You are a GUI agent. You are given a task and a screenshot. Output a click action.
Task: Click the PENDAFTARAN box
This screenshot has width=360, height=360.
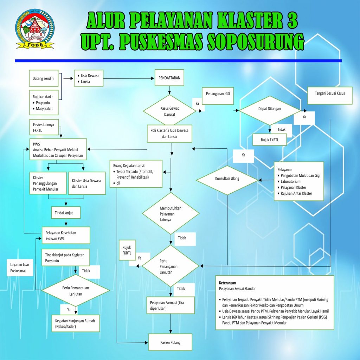click(169, 78)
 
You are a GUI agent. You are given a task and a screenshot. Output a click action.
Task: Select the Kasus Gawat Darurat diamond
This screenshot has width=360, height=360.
click(169, 111)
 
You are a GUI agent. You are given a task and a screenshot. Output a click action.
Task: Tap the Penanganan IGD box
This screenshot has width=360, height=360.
click(218, 96)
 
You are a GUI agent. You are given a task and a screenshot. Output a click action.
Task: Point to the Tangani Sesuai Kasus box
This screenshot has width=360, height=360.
click(330, 96)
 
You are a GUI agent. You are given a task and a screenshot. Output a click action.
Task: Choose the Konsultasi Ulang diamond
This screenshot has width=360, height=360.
click(227, 180)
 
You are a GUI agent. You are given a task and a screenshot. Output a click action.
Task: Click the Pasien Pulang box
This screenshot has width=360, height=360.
click(171, 342)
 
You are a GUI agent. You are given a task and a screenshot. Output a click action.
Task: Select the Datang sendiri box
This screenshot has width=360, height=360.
click(44, 78)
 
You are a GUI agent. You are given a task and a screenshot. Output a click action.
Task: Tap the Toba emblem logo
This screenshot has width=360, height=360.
click(35, 29)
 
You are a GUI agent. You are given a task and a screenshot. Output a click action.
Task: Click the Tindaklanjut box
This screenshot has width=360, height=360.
click(66, 213)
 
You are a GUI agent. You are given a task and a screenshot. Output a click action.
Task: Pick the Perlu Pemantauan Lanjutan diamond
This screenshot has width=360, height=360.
click(76, 291)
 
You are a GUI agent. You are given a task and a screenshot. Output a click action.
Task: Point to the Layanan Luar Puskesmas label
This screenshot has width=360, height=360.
click(20, 268)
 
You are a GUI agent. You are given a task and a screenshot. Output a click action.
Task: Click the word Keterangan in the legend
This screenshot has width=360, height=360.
click(227, 283)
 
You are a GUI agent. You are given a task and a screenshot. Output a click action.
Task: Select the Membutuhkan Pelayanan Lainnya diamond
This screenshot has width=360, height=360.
click(171, 213)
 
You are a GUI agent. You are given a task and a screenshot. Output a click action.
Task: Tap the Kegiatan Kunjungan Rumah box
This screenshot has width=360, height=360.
click(76, 323)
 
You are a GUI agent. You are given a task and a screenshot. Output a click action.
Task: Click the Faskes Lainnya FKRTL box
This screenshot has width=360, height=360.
click(44, 127)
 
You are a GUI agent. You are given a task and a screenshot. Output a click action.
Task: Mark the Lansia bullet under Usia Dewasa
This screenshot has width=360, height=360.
click(84, 82)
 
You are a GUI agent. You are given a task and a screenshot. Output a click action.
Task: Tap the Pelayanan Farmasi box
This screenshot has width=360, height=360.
click(171, 306)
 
